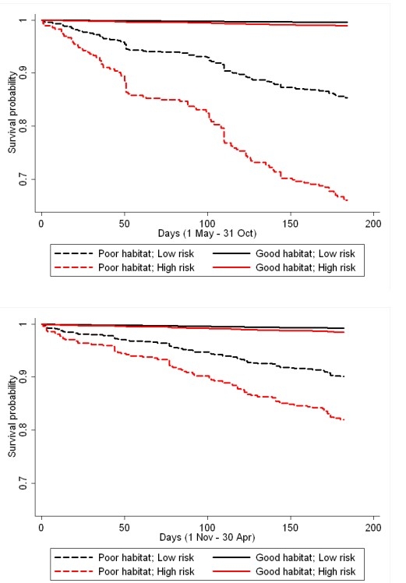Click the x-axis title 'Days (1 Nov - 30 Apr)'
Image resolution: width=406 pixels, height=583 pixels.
[x=208, y=538]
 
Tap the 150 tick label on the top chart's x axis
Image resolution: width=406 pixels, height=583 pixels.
[x=291, y=222]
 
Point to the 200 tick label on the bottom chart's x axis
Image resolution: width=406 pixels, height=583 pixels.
[x=373, y=526]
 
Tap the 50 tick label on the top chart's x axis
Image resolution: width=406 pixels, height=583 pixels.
[x=124, y=222]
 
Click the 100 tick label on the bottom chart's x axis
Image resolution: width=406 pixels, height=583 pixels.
[x=207, y=526]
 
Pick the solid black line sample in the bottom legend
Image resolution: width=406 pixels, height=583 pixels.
[x=239, y=557]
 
